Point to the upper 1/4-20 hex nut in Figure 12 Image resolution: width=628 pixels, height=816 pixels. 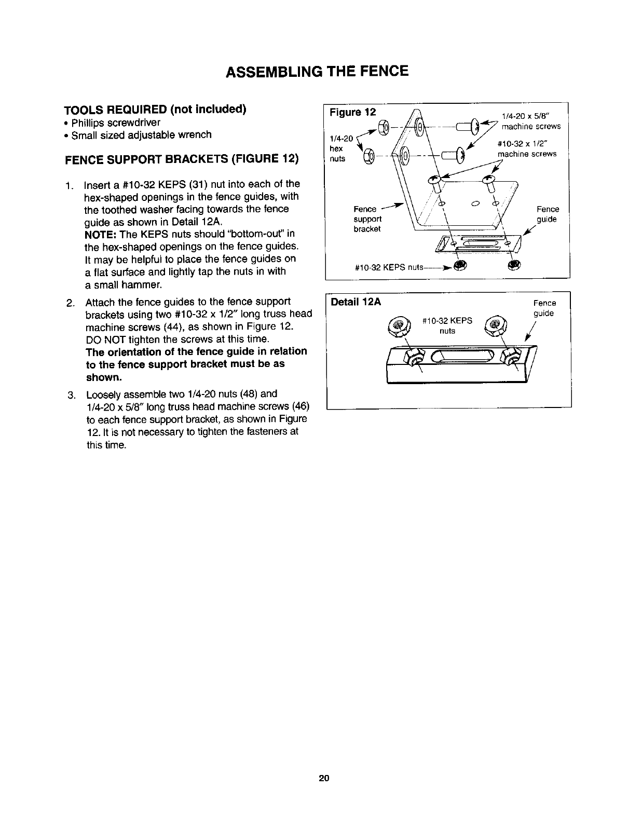(x=384, y=126)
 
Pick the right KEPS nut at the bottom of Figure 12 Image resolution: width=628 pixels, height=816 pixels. (x=513, y=266)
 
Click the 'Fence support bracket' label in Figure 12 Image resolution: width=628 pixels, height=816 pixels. (x=367, y=219)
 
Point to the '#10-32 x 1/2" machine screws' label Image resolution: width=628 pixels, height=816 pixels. (x=527, y=149)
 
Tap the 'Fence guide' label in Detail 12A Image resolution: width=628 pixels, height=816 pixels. (x=544, y=308)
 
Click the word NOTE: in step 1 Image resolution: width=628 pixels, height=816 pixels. (x=100, y=234)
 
